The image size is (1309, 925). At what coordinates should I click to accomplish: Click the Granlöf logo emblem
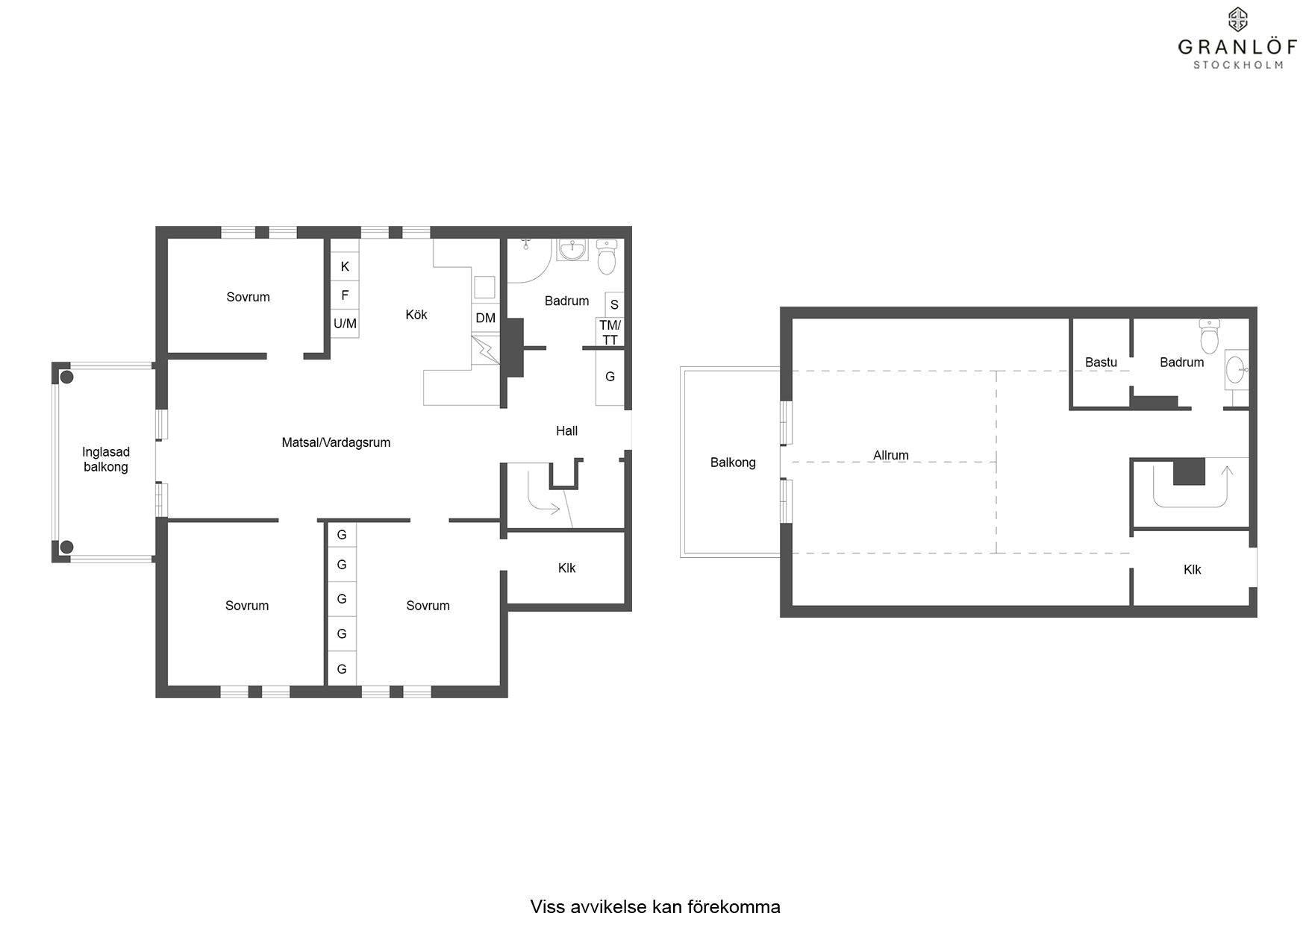pos(1238,19)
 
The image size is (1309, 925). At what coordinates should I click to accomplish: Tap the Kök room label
pos(416,315)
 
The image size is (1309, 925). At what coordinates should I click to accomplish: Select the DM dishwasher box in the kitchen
pos(486,318)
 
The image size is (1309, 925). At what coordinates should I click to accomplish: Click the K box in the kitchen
pos(345,266)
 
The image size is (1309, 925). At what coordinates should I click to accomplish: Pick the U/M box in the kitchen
pos(345,324)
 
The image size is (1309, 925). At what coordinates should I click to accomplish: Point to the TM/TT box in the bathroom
pos(610,333)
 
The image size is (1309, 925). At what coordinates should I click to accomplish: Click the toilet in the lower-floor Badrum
pos(607,257)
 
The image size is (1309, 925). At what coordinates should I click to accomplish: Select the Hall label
pos(566,430)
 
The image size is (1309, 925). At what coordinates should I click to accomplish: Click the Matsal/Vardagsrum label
pos(336,442)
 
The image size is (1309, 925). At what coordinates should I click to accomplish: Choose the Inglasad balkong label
pos(105,460)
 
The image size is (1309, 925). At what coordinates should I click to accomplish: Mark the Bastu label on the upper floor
pos(1101,363)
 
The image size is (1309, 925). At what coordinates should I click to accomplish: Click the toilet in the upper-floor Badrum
pos(1210,336)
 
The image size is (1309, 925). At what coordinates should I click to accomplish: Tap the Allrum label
pos(891,455)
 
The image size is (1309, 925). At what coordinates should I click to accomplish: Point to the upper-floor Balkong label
pos(733,462)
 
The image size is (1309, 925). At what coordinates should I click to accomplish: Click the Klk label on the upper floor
pos(1193,570)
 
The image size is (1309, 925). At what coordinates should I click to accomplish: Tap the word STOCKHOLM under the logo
pos(1238,65)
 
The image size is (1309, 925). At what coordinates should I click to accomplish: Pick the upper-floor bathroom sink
pos(1237,368)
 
